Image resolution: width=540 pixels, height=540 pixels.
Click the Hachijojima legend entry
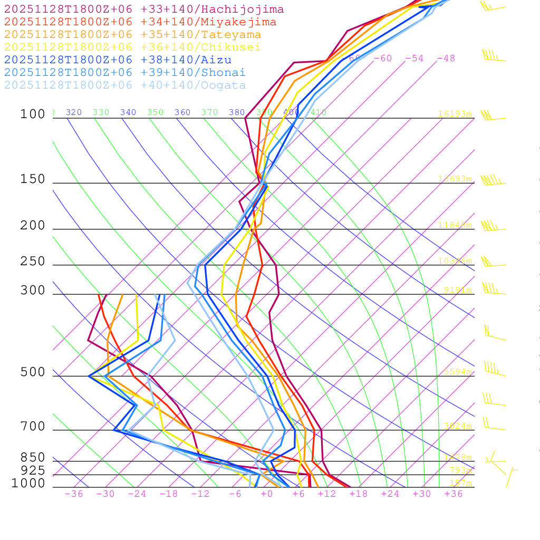pyautogui.click(x=144, y=9)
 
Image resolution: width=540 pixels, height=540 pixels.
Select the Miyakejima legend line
pyautogui.click(x=140, y=22)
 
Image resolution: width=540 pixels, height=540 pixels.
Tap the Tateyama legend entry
pyautogui.click(x=132, y=35)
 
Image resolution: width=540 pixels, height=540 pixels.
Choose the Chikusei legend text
pyautogui.click(x=132, y=47)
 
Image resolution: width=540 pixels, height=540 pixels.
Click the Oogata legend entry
pyautogui.click(x=125, y=85)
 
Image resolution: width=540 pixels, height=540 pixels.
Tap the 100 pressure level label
pyautogui.click(x=33, y=114)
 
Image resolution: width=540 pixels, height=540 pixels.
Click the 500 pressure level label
pyautogui.click(x=33, y=373)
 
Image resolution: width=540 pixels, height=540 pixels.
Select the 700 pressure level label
pyautogui.click(x=33, y=427)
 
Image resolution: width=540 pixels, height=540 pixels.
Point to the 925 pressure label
pyautogui.click(x=33, y=470)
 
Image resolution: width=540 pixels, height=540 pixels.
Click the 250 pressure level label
pyautogui.click(x=33, y=262)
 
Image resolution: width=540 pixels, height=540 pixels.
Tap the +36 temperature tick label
pyautogui.click(x=454, y=494)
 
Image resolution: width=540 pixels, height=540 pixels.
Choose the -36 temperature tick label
pyautogui.click(x=74, y=494)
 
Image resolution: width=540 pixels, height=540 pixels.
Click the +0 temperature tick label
pyautogui.click(x=267, y=494)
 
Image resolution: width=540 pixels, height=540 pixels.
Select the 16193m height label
pyautogui.click(x=455, y=114)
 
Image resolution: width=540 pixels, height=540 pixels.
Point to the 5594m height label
pyautogui.click(x=457, y=372)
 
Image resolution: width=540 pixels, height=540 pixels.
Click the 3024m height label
pyautogui.click(x=457, y=426)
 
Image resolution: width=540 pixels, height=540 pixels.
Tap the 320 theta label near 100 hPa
pyautogui.click(x=74, y=112)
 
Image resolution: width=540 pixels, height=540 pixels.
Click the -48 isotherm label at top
pyautogui.click(x=446, y=59)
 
